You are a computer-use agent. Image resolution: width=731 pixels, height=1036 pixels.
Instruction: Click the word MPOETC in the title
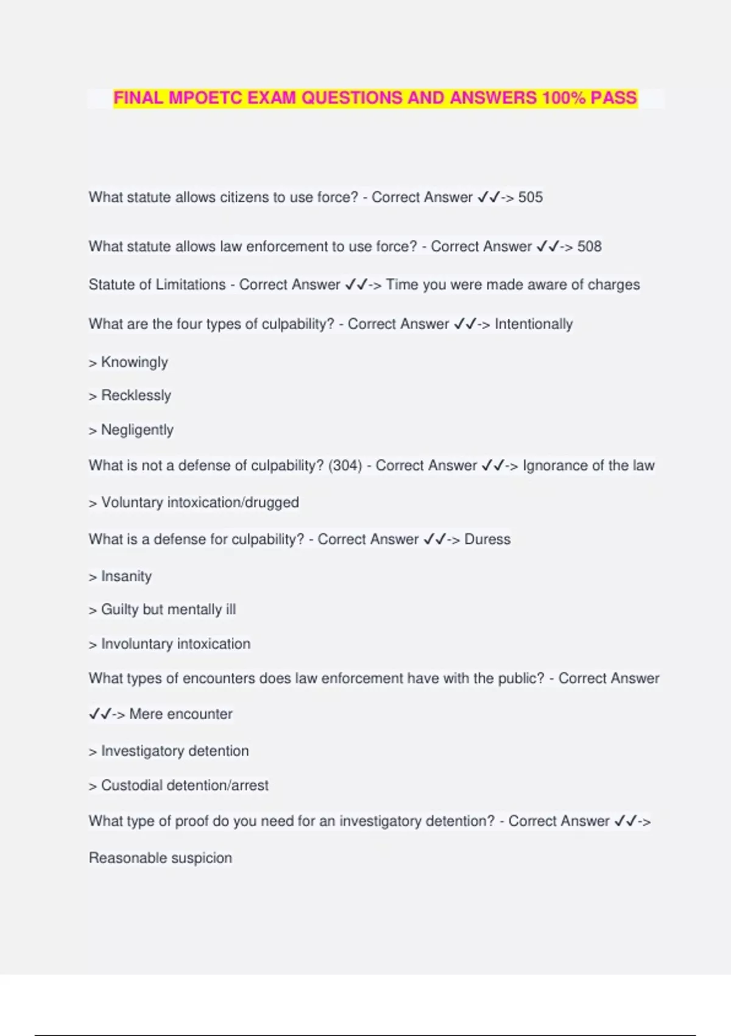[x=205, y=98]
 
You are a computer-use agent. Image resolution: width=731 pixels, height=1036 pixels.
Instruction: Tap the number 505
[x=531, y=197]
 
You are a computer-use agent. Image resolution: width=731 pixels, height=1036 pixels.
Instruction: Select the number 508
[x=589, y=247]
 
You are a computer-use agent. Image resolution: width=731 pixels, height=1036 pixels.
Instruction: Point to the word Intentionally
[x=534, y=324]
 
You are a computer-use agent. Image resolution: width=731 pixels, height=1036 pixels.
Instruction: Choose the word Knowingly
[x=134, y=363]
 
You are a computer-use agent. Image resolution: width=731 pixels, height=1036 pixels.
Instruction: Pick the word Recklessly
[x=136, y=396]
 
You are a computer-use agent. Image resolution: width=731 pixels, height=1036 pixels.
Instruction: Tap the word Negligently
[x=137, y=430]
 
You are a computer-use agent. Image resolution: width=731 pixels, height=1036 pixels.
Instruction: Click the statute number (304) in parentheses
[x=345, y=466]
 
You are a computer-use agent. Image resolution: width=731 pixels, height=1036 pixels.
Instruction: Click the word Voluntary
[x=132, y=503]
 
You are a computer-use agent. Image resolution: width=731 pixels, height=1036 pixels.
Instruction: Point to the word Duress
[x=487, y=539]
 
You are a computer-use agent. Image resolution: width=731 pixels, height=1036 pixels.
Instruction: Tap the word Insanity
[x=126, y=577]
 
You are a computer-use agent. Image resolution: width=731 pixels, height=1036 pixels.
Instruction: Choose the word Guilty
[x=119, y=610]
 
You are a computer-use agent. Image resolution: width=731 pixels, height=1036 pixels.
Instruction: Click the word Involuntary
[x=136, y=644]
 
